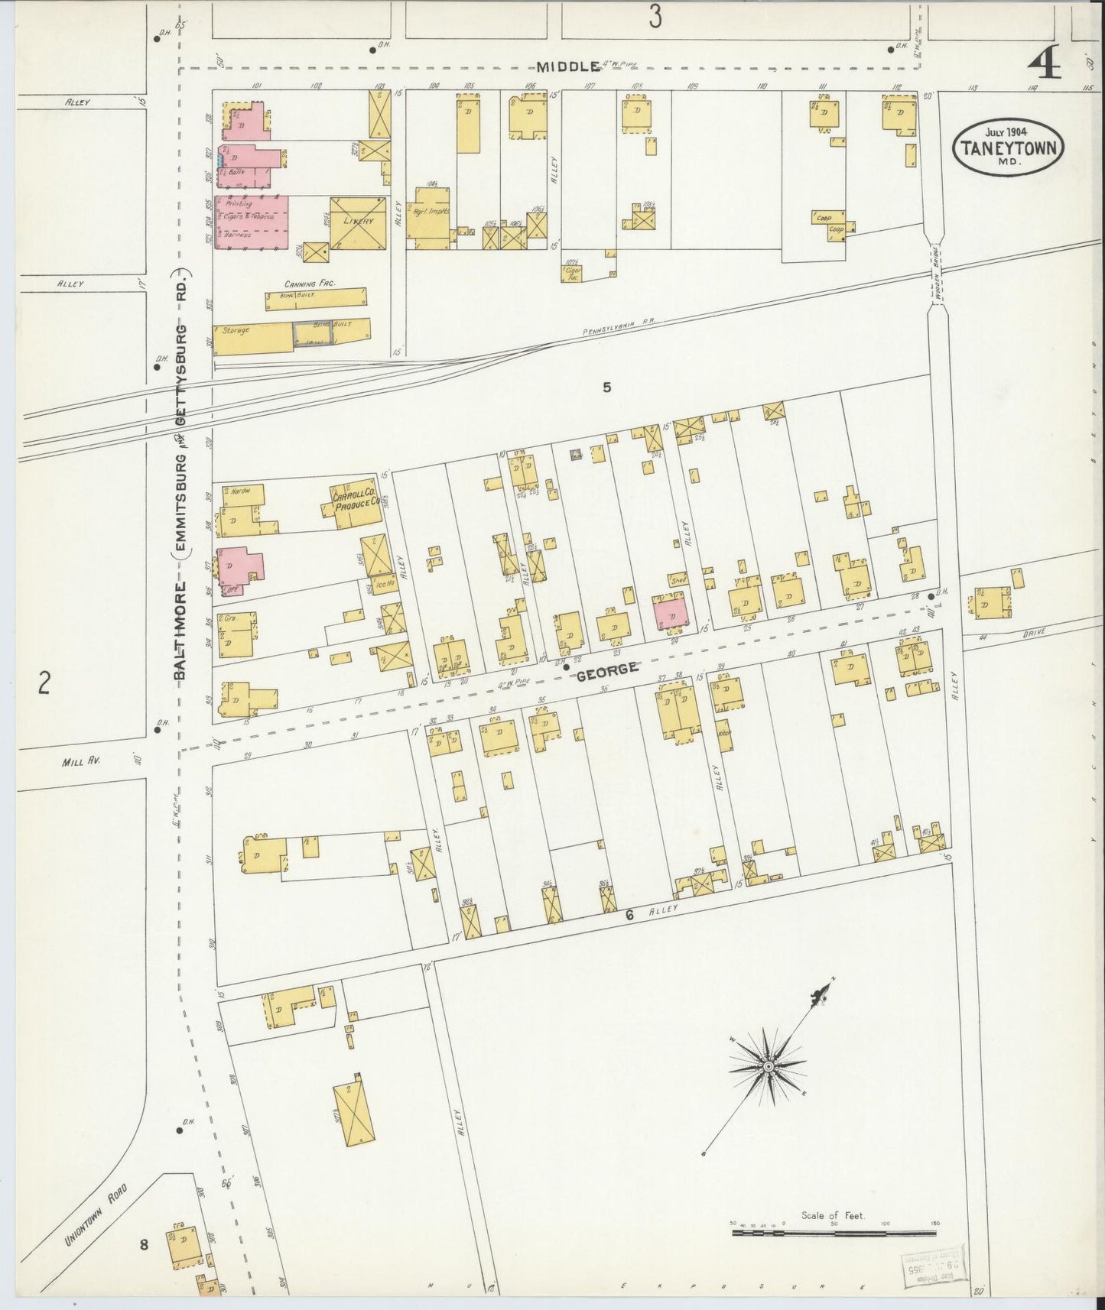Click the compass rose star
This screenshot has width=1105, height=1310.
tap(767, 1065)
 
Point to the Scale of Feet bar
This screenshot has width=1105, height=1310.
tap(833, 1232)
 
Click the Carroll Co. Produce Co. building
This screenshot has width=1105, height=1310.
tap(356, 502)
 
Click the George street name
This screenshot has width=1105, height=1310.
tap(606, 670)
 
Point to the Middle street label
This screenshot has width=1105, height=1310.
tap(567, 66)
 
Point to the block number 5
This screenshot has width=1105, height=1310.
tap(606, 387)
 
